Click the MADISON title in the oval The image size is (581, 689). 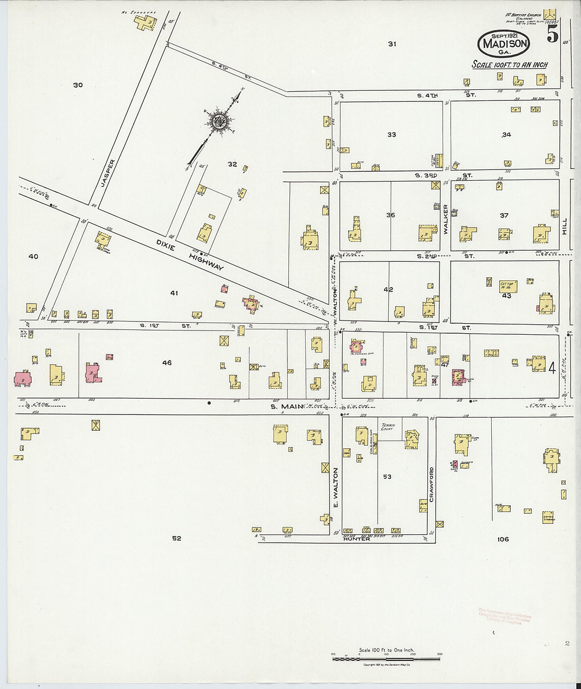[503, 44]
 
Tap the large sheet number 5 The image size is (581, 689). [552, 35]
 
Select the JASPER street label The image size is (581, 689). [107, 173]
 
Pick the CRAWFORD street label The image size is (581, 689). [431, 483]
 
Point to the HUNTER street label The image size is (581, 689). [357, 539]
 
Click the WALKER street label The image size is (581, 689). [445, 219]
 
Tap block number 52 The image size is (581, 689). [176, 539]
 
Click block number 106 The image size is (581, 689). [502, 539]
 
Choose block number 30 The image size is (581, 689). [78, 85]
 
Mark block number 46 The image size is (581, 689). [167, 363]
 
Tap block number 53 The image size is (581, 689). [387, 477]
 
